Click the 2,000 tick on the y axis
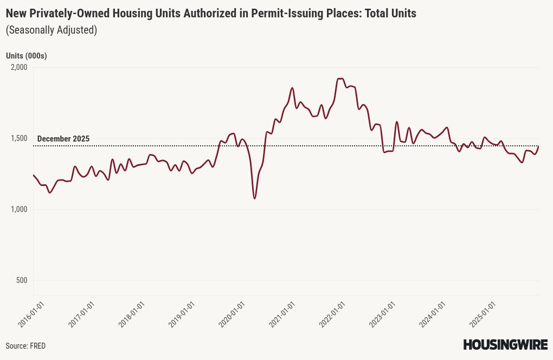tap(18, 67)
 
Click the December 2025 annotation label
tap(63, 139)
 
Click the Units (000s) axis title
tap(26, 55)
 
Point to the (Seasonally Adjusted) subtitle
tap(51, 30)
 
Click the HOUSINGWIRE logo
tap(505, 345)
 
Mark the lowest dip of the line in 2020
tap(254, 198)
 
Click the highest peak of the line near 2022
tap(340, 79)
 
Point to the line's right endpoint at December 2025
tap(538, 146)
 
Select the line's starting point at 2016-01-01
tap(34, 175)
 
